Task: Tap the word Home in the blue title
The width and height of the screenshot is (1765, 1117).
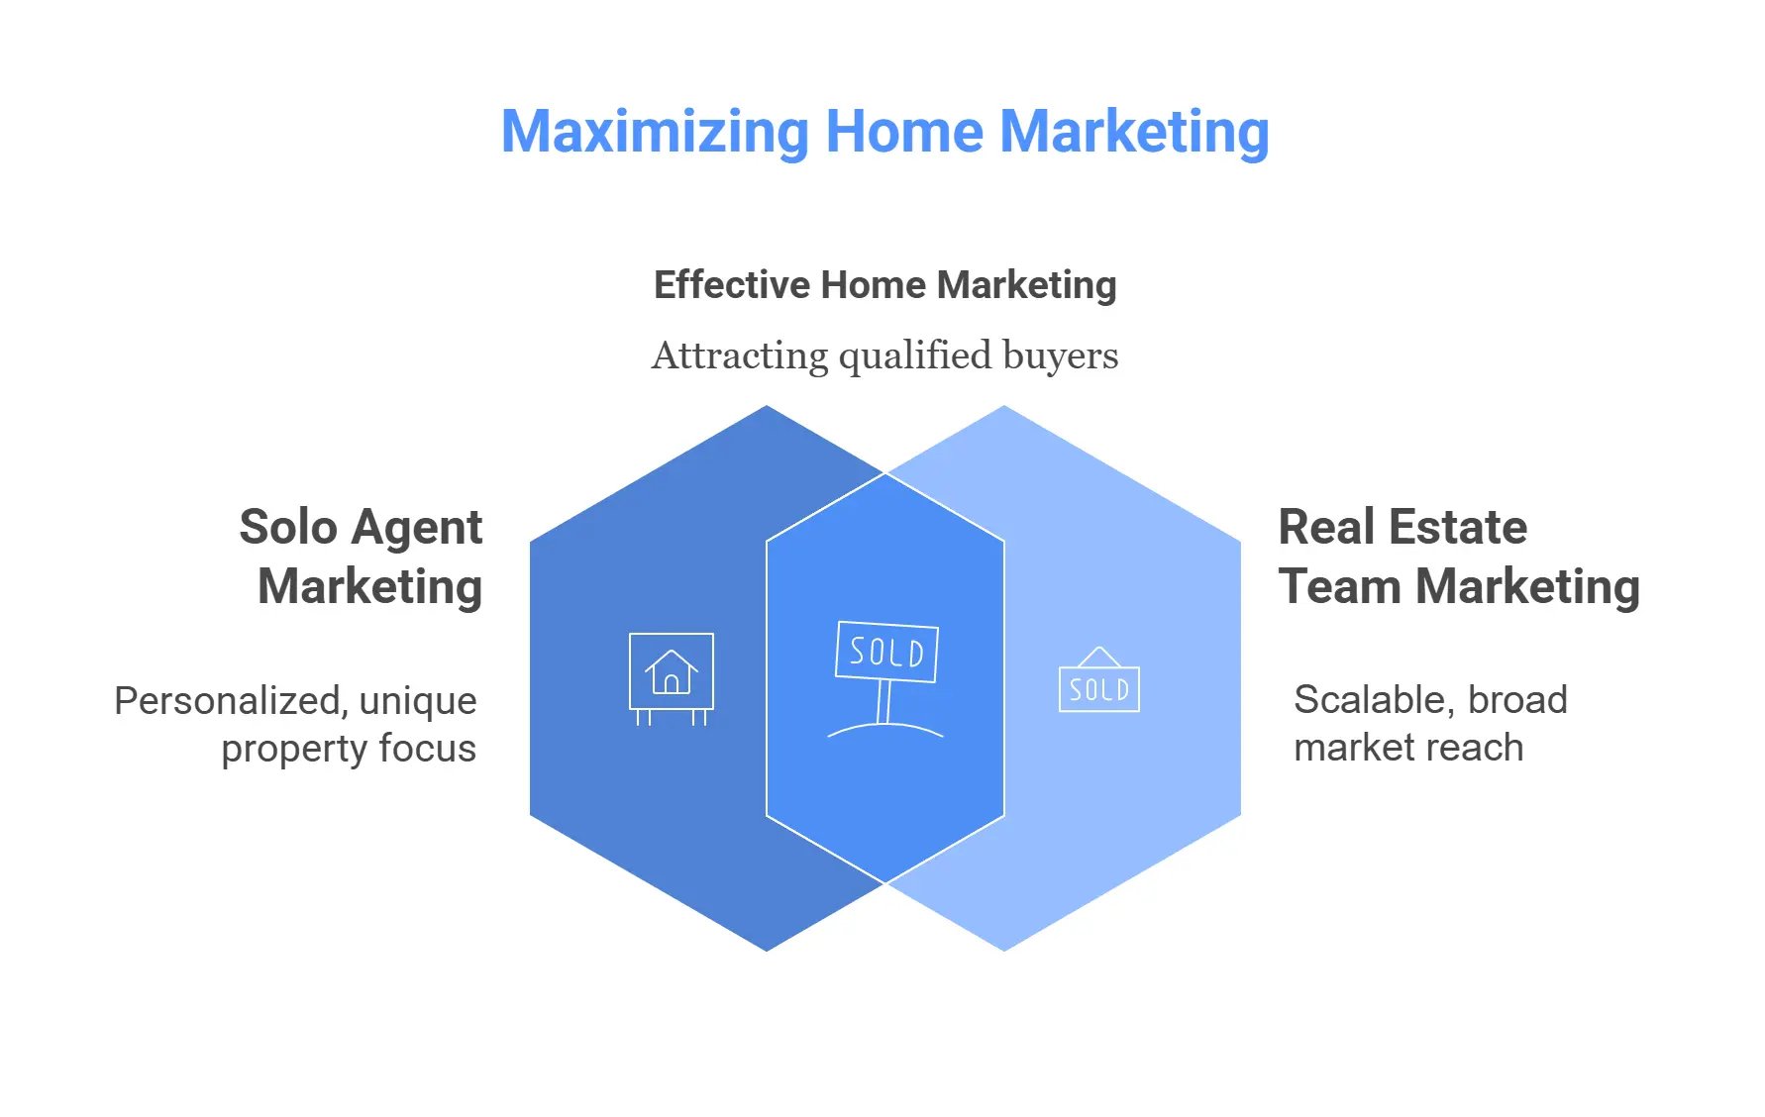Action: [904, 131]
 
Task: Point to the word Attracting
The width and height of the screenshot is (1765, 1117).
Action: [739, 356]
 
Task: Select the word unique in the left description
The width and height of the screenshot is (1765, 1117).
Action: [418, 702]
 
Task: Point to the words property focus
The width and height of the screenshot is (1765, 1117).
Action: [349, 750]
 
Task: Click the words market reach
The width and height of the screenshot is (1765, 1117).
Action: [1408, 748]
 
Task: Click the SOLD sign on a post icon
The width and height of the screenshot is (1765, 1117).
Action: [885, 679]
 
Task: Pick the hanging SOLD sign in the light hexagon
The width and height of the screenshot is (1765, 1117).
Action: [1099, 679]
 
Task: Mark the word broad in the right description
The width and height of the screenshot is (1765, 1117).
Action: [1517, 700]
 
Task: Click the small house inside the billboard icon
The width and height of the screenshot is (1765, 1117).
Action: [672, 672]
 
